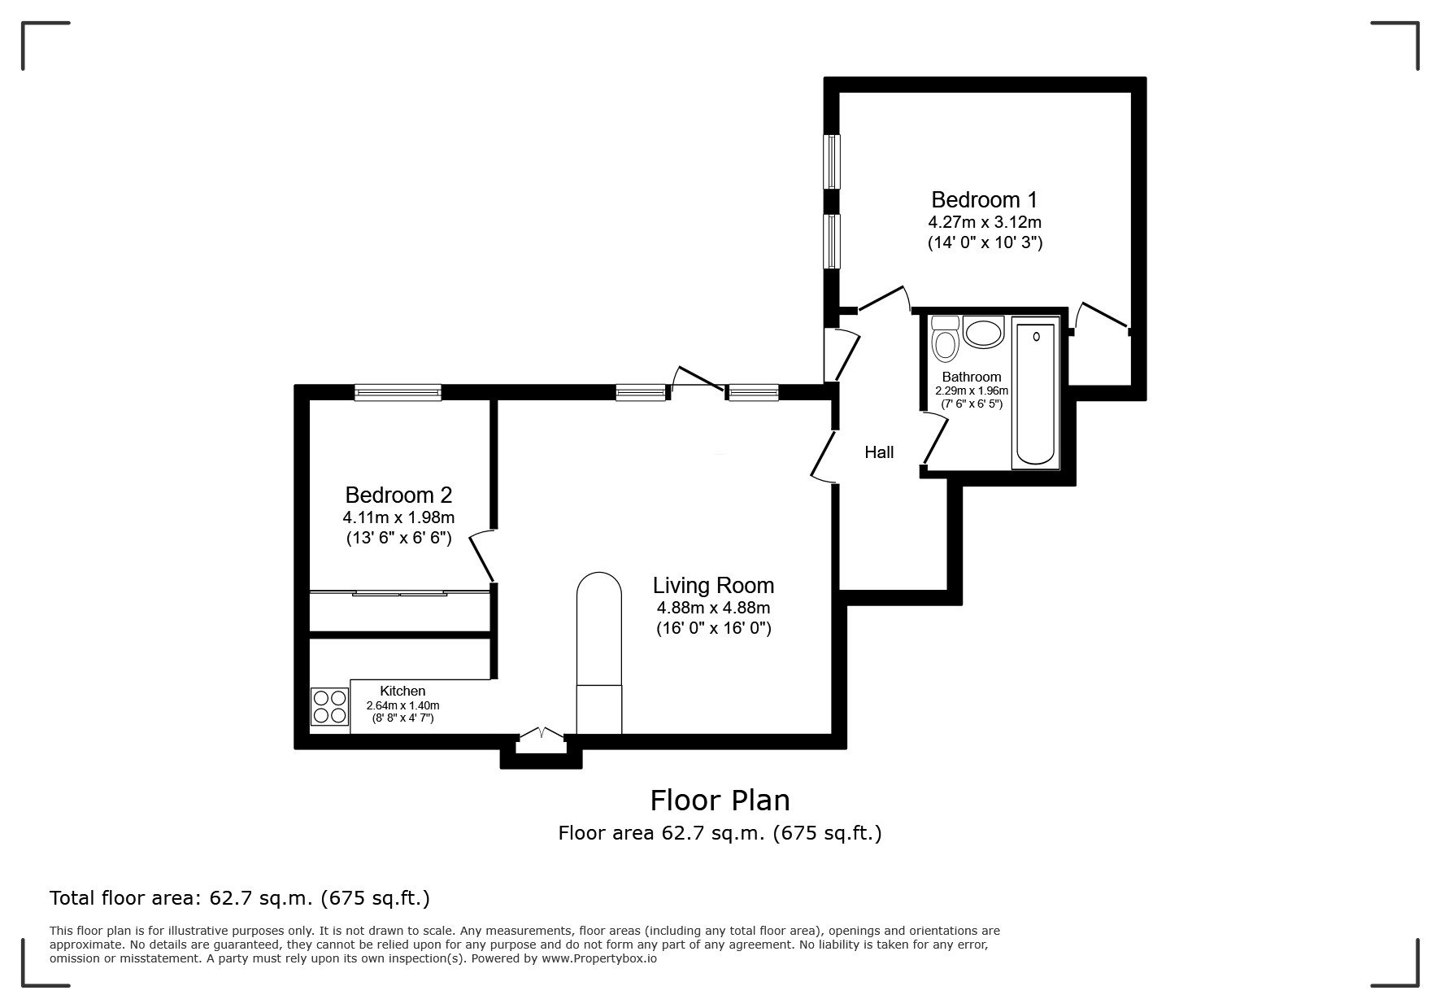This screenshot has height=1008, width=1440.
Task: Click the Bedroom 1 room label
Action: tap(984, 199)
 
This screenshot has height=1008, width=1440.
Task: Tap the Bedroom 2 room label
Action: tap(398, 495)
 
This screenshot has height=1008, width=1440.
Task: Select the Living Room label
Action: tap(713, 585)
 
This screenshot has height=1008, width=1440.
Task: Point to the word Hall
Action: tap(879, 452)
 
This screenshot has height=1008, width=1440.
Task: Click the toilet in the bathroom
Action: tap(945, 338)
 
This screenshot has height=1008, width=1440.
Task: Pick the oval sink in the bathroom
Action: tap(984, 334)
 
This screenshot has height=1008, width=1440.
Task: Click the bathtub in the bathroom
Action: tap(1035, 395)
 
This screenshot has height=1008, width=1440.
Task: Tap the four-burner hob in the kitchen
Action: tap(329, 706)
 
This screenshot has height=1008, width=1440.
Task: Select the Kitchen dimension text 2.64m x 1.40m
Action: tap(402, 705)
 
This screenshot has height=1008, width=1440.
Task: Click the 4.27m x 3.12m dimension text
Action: tap(985, 221)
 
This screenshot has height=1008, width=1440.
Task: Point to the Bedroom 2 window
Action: tap(398, 393)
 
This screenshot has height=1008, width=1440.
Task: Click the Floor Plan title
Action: tap(720, 800)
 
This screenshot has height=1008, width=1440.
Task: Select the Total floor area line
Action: tap(240, 898)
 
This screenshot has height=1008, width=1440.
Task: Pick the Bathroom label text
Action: tap(971, 377)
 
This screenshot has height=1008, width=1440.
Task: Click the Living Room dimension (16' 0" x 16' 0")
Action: tap(713, 628)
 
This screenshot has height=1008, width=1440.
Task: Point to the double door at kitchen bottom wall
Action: tap(541, 734)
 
